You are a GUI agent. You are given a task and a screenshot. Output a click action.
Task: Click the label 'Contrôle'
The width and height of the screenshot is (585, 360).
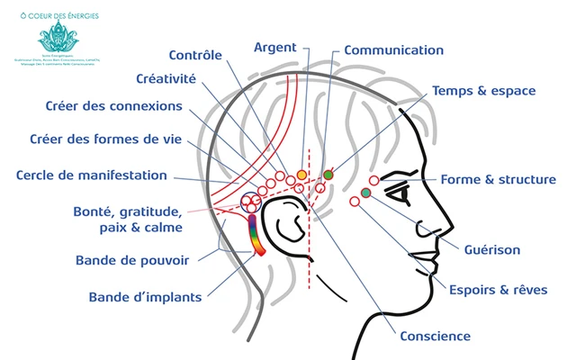195,55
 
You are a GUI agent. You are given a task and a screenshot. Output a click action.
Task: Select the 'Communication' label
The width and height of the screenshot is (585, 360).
393,50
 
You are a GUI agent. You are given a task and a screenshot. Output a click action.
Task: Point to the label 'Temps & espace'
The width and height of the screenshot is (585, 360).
484,91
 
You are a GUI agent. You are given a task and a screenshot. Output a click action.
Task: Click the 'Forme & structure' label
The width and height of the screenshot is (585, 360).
498,180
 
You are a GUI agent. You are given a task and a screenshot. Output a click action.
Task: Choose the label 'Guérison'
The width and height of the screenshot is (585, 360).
492,249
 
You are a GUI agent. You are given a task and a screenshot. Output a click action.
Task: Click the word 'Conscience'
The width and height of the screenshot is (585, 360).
435,337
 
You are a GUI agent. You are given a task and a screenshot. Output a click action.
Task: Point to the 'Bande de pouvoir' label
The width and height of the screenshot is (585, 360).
132,261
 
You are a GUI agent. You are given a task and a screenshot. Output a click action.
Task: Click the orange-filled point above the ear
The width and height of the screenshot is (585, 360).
301,175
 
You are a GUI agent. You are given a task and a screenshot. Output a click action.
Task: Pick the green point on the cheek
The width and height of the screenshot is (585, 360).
365,193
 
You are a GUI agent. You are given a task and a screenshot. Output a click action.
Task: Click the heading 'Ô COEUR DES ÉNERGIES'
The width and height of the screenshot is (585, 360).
60,15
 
